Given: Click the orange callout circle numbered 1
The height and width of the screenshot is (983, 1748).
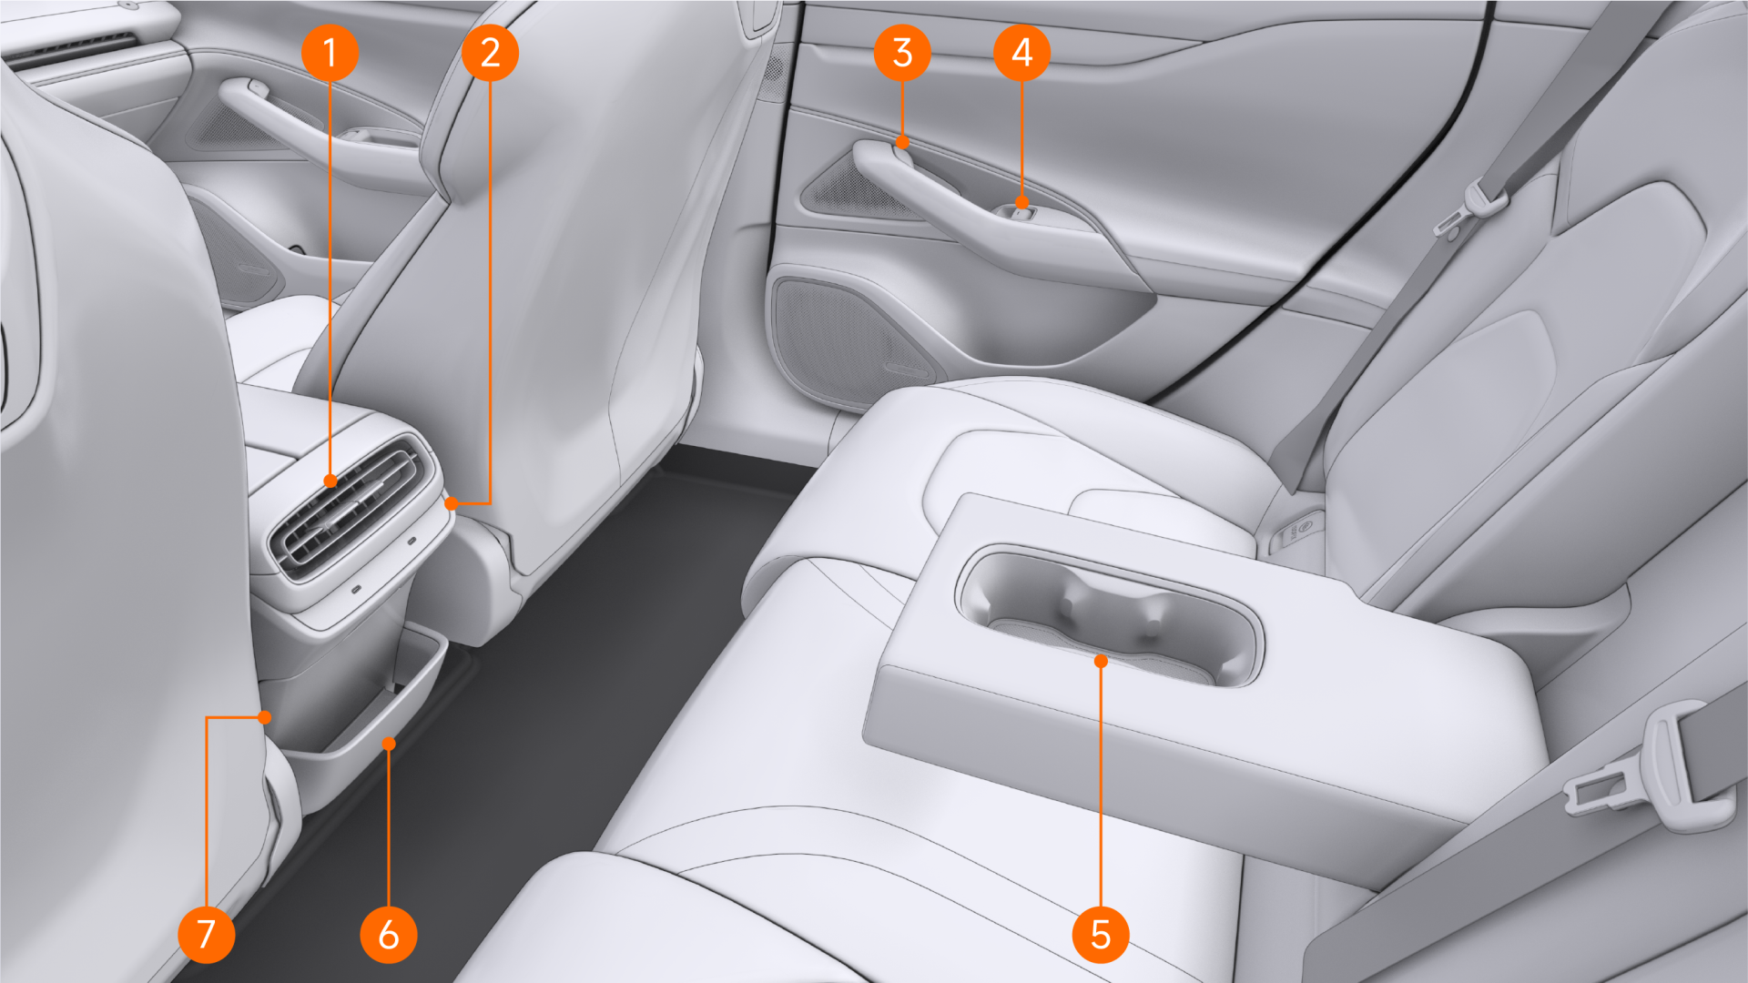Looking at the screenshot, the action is point(330,52).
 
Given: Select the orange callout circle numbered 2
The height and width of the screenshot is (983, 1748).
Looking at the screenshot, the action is point(490,52).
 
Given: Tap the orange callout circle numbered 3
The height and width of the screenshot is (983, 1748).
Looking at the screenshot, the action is point(902,52).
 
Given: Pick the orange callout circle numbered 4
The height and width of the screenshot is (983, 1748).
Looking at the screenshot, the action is point(1021,52).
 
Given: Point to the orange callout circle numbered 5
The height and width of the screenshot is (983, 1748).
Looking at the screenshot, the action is point(1101,934).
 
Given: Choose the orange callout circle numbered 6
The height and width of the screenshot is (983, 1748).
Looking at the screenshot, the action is point(389,934).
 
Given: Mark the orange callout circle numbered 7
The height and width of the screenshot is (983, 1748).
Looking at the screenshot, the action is point(207,934).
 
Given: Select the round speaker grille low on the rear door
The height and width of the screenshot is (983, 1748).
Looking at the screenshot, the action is point(851,332).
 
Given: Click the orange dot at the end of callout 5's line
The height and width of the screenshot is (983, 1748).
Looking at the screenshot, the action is point(1101,661).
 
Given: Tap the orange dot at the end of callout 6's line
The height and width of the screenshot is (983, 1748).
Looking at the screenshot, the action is point(389,744).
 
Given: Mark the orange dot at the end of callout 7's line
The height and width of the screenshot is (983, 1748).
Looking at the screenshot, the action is point(264,717).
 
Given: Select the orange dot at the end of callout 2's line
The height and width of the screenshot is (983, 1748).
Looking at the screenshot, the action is point(451,502).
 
